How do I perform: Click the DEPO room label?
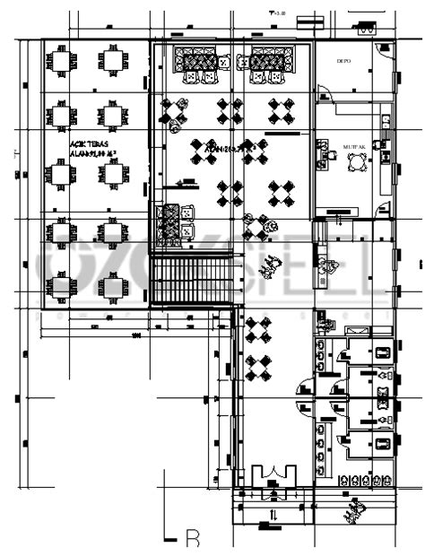click(343, 61)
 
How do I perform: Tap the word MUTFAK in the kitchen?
click(355, 144)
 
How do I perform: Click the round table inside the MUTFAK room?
click(358, 161)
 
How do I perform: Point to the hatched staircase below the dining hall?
click(193, 281)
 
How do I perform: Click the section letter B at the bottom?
click(191, 539)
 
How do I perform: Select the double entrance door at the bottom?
click(273, 477)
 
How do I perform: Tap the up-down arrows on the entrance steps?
click(273, 513)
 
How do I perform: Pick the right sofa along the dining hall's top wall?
click(268, 61)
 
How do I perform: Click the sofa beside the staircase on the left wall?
click(167, 224)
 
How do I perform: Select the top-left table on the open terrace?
click(62, 61)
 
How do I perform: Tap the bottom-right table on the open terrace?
click(112, 288)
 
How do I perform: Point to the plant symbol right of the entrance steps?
click(351, 511)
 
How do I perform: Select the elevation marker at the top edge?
click(278, 13)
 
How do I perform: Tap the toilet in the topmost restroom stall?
click(384, 352)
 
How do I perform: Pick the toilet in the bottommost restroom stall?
click(384, 441)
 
